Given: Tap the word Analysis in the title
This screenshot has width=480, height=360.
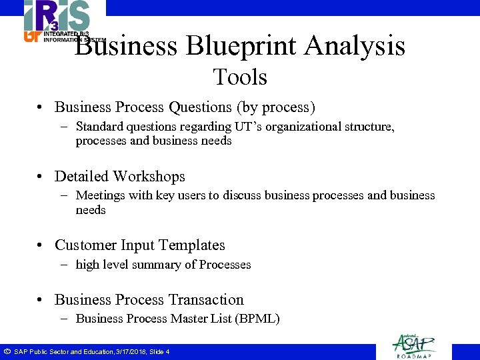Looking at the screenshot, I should pos(355,47).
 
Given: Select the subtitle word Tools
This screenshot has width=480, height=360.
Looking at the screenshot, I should pos(240,77).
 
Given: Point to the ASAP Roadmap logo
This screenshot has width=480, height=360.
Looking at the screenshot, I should pos(414,345).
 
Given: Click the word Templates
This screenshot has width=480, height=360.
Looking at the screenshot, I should pos(192,245).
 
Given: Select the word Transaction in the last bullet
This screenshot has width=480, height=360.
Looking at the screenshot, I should pos(207,300).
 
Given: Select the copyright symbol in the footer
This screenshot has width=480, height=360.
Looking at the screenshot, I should pos(7,351).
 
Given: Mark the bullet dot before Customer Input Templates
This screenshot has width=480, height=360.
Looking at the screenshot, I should pos(41,246).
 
